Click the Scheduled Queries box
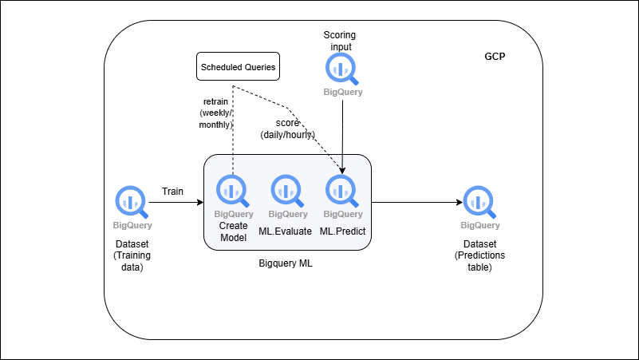pyautogui.click(x=237, y=67)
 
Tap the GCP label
pyautogui.click(x=495, y=58)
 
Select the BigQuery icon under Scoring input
pyautogui.click(x=343, y=69)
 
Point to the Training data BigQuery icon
pyautogui.click(x=130, y=201)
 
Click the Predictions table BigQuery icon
pyautogui.click(x=479, y=201)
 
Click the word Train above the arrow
pyautogui.click(x=173, y=192)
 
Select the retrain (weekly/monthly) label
pyautogui.click(x=216, y=113)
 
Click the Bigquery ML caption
pyautogui.click(x=286, y=263)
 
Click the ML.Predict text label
pyautogui.click(x=342, y=231)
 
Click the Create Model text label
pyautogui.click(x=234, y=231)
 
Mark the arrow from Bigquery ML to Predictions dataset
pyautogui.click(x=415, y=203)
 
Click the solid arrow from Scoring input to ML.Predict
pyautogui.click(x=342, y=136)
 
